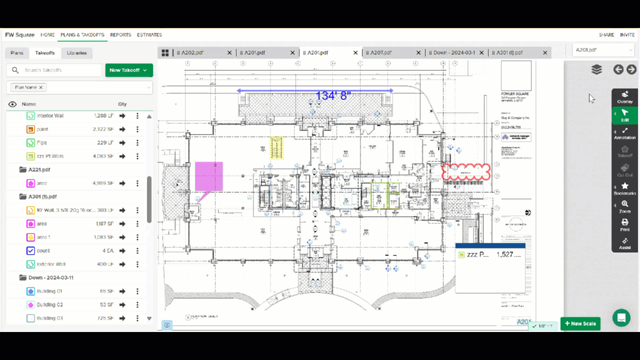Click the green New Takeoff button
coord(128,70)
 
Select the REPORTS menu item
coord(120,35)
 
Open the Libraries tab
coord(76,53)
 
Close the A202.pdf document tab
coord(229,53)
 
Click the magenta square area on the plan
coord(208,175)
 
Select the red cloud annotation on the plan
coord(465,172)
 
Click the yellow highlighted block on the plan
coord(276,147)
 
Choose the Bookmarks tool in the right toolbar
coord(624,188)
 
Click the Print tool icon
coord(624,224)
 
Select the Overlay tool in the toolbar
coord(624,97)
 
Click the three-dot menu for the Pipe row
coord(137,142)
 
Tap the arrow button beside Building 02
coord(122,304)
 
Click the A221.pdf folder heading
coord(39,169)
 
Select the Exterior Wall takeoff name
coord(51,264)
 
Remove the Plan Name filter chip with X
coord(41,87)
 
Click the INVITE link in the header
coord(627,35)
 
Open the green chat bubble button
coord(621,317)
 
